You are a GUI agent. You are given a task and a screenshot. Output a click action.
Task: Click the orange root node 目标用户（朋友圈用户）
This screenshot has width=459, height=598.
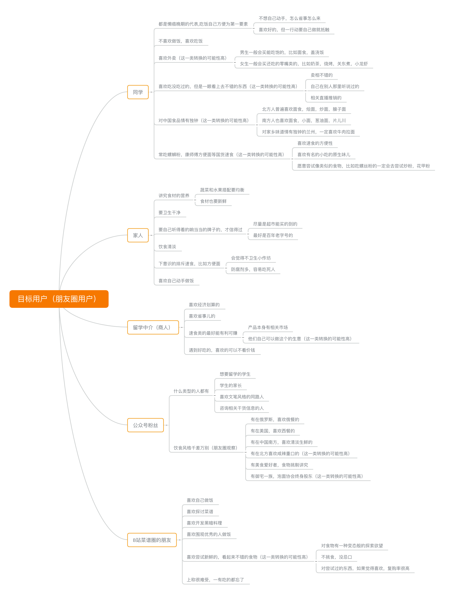(x=59, y=299)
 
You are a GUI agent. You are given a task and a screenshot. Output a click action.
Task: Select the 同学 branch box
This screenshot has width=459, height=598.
(x=138, y=92)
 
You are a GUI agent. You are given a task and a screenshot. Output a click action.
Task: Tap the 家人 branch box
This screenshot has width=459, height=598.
(x=138, y=235)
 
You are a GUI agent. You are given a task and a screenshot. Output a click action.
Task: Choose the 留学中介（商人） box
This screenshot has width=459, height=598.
(x=153, y=327)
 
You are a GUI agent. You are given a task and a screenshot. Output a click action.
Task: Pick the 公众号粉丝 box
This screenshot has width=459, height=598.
(x=146, y=425)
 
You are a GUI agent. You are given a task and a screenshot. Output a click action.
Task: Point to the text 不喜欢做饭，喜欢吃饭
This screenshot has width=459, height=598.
(x=181, y=41)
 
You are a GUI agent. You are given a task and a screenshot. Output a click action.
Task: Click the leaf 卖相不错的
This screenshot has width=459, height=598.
(x=322, y=75)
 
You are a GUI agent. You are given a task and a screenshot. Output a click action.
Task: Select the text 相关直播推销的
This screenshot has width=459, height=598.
(x=326, y=98)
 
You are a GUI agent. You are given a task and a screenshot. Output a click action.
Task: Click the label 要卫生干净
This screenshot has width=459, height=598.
(x=169, y=213)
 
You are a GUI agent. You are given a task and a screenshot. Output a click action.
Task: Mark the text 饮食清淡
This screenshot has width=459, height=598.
(x=167, y=247)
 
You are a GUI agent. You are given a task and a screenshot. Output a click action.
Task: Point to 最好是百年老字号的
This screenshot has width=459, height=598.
(x=273, y=235)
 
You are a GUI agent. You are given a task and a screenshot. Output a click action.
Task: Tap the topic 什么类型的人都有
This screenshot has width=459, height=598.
(x=191, y=391)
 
